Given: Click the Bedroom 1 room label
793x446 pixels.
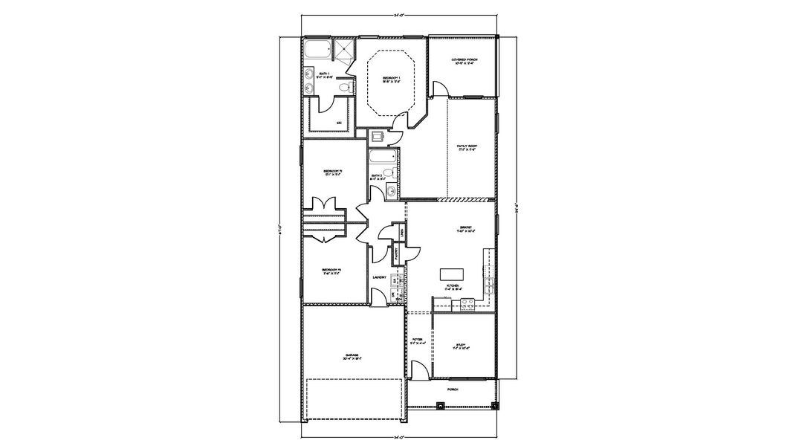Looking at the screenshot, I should (x=392, y=78).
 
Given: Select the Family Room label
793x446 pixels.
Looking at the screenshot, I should (x=467, y=147).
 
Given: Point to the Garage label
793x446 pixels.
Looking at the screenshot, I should (x=352, y=356).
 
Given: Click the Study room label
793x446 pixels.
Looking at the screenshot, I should (x=462, y=345).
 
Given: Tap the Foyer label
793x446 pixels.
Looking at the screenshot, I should (x=418, y=341).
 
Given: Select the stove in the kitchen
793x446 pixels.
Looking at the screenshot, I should (x=467, y=303).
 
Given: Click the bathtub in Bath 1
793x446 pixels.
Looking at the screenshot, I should (x=317, y=51).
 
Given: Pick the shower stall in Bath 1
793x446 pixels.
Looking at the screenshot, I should (x=344, y=50).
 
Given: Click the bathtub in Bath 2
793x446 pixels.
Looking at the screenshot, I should (x=382, y=158).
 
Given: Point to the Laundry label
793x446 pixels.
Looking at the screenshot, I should (x=379, y=278).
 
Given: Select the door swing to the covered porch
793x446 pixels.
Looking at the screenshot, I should (x=440, y=88).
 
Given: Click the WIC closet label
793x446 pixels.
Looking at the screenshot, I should (x=338, y=123).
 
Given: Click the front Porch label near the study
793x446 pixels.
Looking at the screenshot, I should (x=452, y=389).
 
